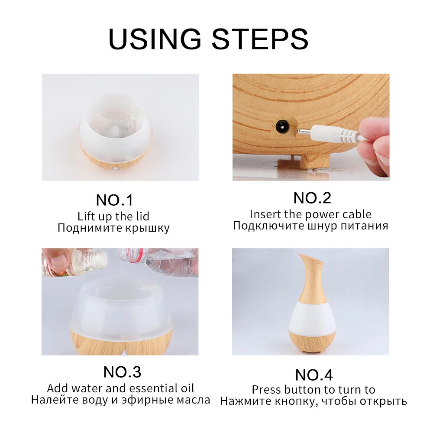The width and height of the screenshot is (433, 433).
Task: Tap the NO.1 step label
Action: [115, 200]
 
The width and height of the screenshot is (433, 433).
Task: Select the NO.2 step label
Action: [312, 198]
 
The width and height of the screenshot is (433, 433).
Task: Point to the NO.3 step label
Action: [122, 372]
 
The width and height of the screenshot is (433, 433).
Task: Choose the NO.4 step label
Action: [313, 375]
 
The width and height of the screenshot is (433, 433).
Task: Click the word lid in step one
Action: [143, 216]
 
